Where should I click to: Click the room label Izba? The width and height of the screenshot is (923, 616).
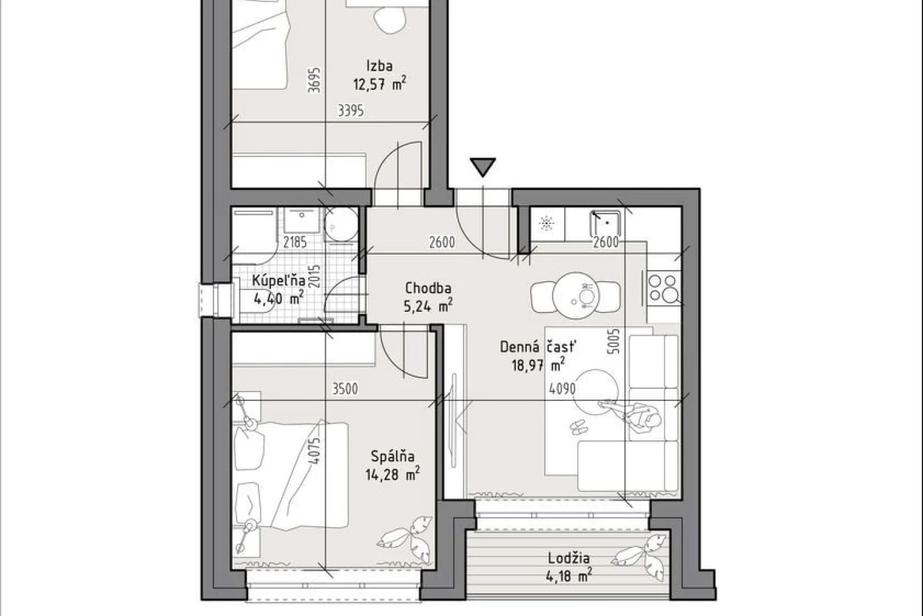tap(379, 66)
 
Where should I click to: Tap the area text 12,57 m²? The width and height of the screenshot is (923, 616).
tap(379, 84)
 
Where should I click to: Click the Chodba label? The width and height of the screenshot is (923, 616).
tap(428, 288)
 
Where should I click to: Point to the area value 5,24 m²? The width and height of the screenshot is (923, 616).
tap(428, 305)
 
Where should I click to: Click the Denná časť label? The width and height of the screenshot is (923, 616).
tap(538, 346)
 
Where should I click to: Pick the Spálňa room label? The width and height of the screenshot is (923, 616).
tap(393, 456)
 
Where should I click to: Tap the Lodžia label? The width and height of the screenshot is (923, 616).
tap(569, 558)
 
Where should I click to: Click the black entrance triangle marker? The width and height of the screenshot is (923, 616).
tap(483, 167)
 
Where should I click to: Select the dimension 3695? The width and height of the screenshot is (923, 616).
tap(314, 80)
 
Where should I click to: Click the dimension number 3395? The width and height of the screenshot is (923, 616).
tap(351, 110)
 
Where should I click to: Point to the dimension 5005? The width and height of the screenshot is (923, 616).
tap(614, 341)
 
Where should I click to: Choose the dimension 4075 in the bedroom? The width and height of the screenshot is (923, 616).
tap(314, 451)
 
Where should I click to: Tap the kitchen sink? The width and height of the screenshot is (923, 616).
tap(606, 223)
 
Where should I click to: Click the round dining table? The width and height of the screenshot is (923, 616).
tap(576, 295)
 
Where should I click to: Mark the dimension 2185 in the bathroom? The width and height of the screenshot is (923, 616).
tap(295, 242)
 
